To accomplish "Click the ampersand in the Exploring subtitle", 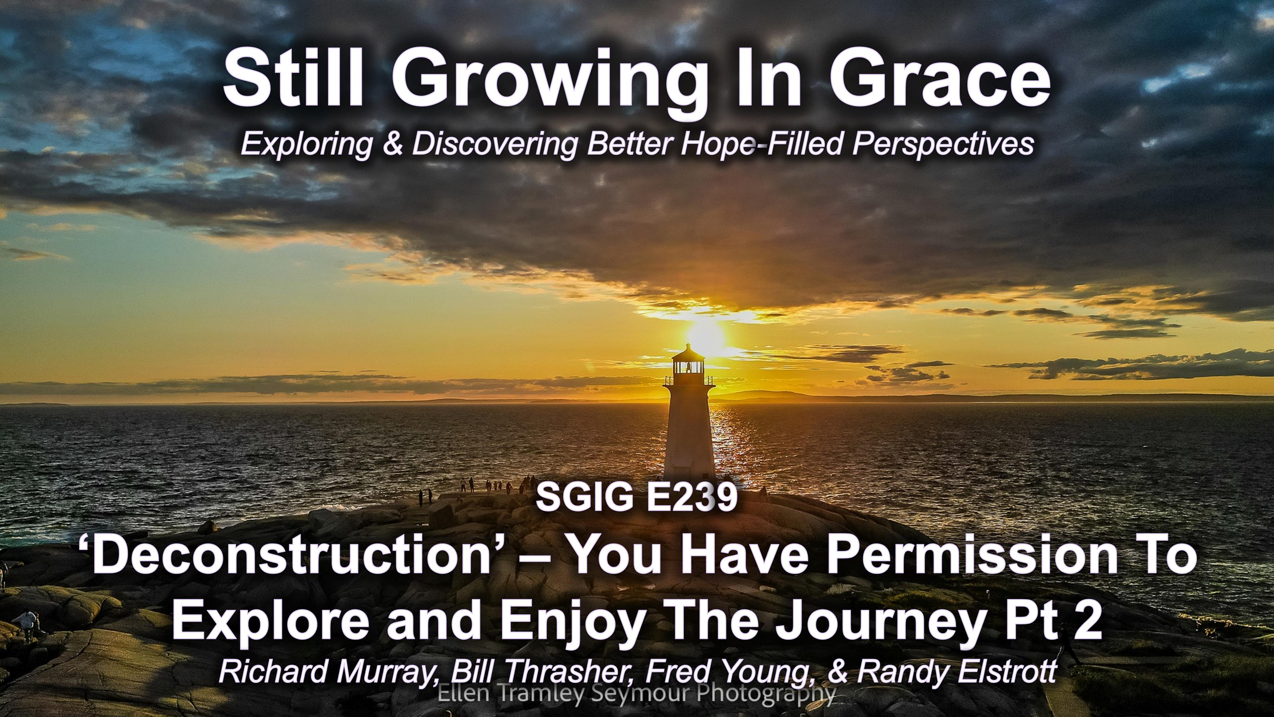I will (394, 144).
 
